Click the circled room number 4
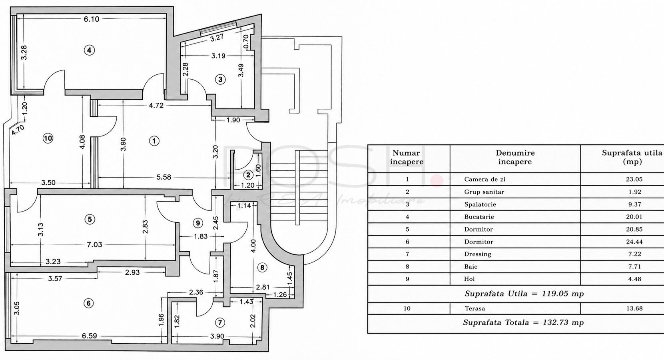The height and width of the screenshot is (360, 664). coord(89,50)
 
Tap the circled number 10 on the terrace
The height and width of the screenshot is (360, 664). coord(48,138)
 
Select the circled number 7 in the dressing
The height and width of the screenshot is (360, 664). coord(219,323)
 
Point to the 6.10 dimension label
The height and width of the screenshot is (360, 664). coord(91,19)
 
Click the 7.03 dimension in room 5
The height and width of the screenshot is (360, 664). coord(94,245)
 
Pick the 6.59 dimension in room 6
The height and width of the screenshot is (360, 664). coord(89,336)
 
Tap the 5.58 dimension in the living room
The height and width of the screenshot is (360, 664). coord(164,177)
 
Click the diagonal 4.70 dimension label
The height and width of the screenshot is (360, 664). coord(18,130)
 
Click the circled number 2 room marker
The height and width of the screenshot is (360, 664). coord(248,175)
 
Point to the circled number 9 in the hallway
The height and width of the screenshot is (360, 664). coord(198,223)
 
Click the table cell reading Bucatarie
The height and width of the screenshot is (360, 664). coord(479,217)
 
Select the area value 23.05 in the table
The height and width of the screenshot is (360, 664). coord(634,179)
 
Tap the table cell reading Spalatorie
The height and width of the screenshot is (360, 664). coord(480,204)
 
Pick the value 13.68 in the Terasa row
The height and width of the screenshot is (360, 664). coord(634,308)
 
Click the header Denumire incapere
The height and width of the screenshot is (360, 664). coord(515,157)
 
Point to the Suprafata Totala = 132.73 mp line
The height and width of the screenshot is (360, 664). coord(523,322)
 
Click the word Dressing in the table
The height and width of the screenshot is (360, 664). coord(478,254)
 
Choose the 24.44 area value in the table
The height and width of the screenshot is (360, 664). coord(634,242)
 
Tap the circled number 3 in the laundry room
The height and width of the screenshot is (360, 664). coord(220,80)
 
